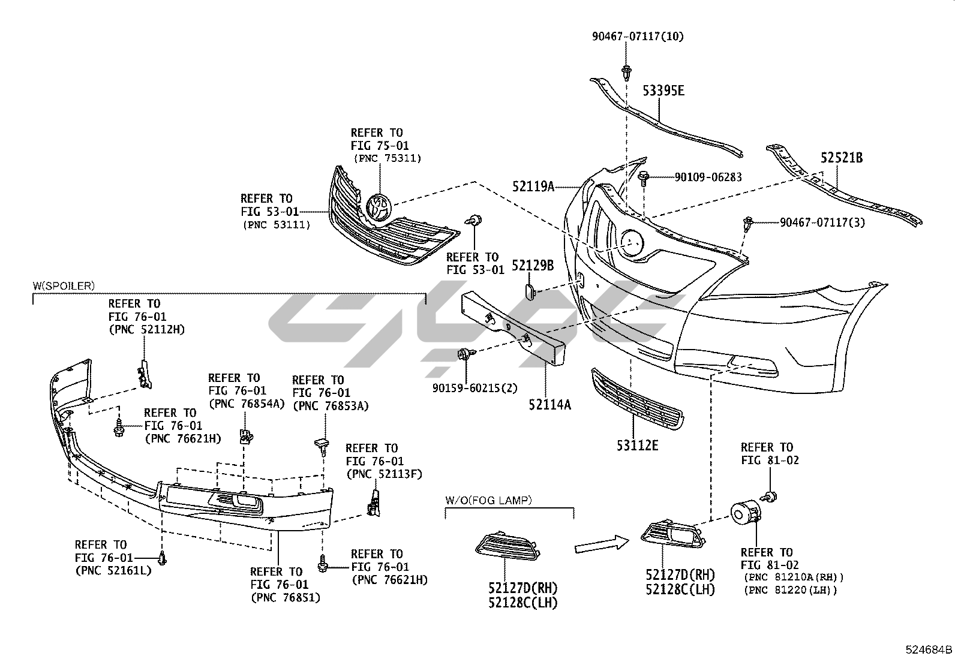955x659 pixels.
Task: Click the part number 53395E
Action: click(663, 91)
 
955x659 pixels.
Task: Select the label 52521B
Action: click(842, 158)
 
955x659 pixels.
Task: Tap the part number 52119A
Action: click(533, 186)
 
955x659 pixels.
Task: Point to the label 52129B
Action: click(532, 265)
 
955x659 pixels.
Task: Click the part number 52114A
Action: click(549, 405)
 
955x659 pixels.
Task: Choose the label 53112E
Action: click(637, 446)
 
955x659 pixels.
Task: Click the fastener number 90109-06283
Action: click(708, 177)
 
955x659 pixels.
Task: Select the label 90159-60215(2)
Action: click(475, 387)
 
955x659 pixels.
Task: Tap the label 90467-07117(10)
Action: click(638, 37)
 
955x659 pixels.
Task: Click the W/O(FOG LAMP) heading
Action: click(488, 499)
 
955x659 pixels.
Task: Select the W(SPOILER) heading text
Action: click(64, 285)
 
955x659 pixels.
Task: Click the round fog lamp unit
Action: click(744, 512)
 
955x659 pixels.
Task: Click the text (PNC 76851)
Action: click(285, 597)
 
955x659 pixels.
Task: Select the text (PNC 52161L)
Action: click(113, 570)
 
